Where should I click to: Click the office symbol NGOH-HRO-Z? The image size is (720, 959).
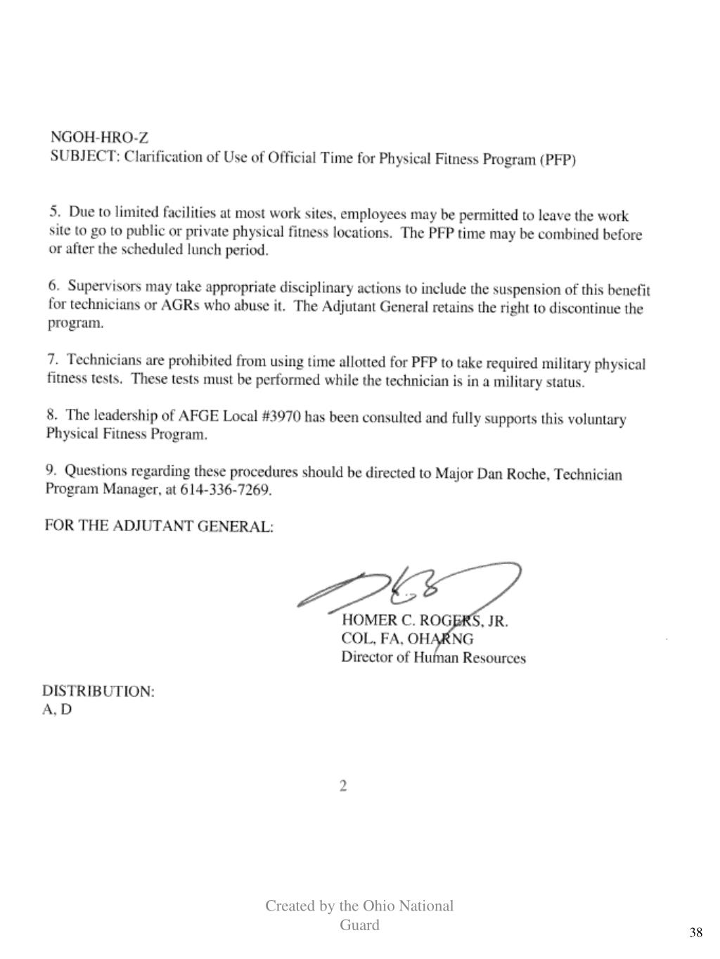(99, 137)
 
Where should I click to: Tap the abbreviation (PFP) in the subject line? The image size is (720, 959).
(558, 160)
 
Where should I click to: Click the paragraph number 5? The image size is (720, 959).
(54, 210)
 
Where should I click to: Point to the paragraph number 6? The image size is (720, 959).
(53, 285)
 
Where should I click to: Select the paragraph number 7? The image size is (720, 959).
(53, 359)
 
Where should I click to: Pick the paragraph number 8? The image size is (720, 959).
(52, 414)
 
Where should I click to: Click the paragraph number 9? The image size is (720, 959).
(51, 469)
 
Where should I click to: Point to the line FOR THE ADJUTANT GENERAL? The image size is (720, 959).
(159, 526)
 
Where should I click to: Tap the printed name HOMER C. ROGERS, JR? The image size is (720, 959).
(425, 621)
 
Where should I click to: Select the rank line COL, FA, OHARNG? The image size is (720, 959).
(407, 639)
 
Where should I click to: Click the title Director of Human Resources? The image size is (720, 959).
(433, 658)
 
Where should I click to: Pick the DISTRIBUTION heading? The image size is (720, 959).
(98, 691)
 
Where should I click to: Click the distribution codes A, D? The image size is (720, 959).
(57, 710)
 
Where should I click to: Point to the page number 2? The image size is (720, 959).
(343, 786)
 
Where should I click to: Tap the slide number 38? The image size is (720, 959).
(695, 932)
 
